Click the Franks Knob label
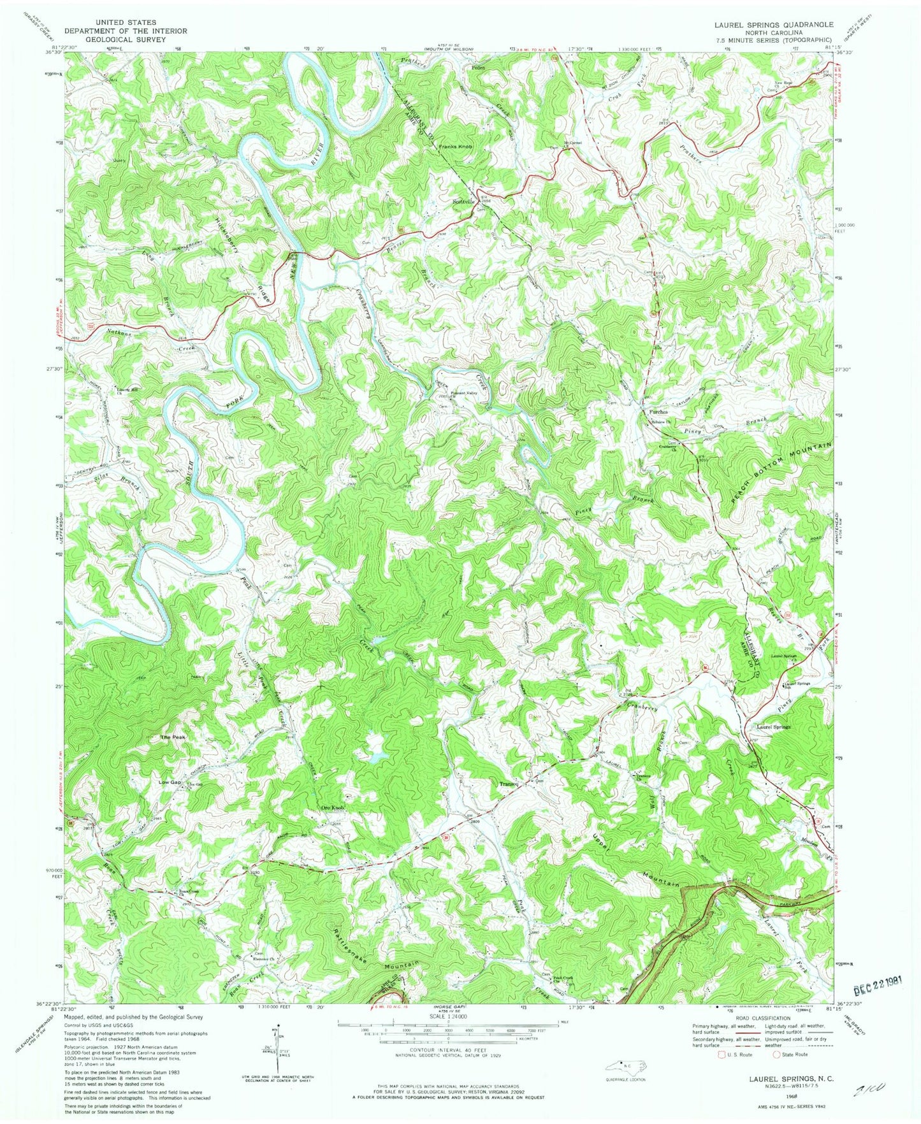[455, 147]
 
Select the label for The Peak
[173, 737]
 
